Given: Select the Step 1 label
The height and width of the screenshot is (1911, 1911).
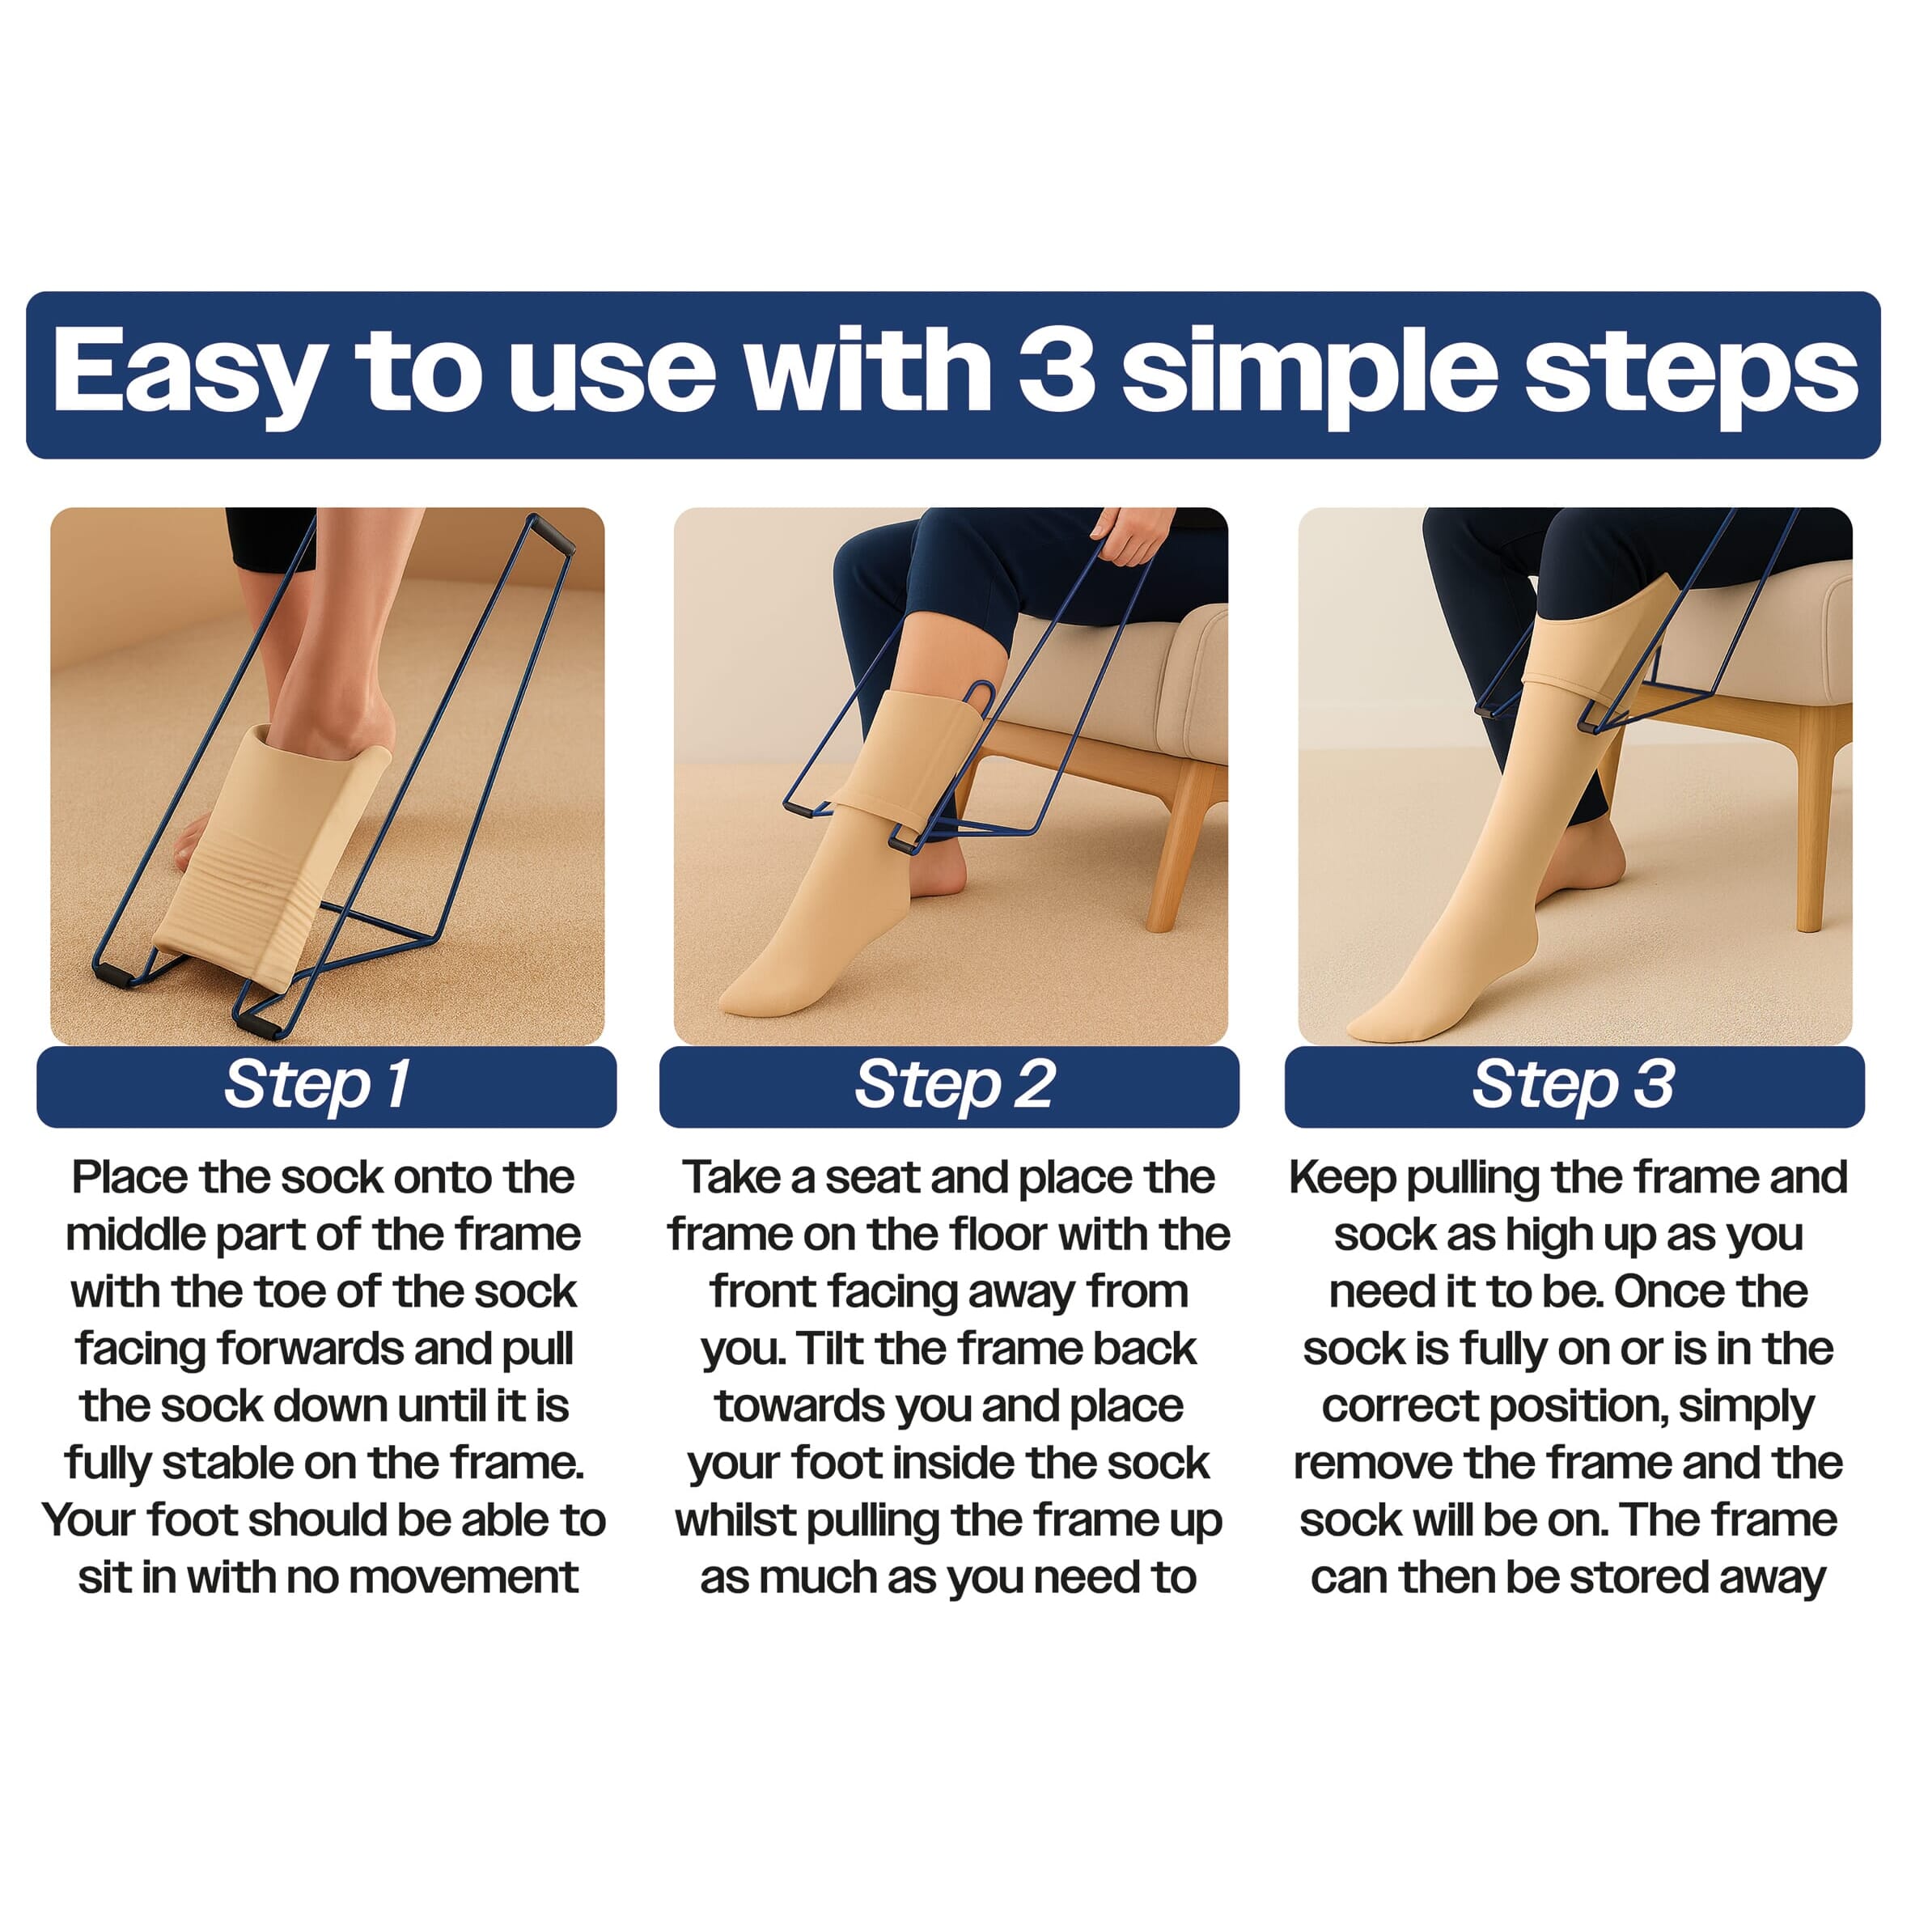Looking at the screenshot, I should [317, 1085].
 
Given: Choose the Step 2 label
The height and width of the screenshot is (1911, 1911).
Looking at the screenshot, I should [954, 1085].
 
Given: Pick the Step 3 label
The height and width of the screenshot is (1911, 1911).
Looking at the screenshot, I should [1574, 1085].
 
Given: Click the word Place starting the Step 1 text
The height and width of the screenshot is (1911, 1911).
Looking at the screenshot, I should [129, 1178].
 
